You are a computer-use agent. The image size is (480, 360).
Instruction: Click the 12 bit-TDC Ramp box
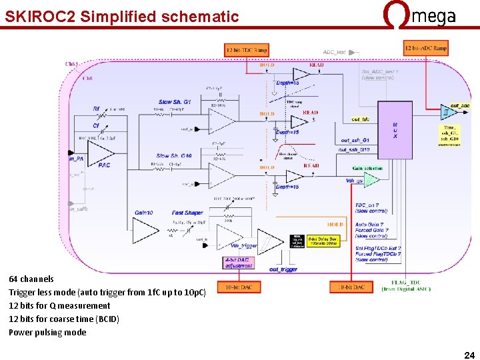pos(247,50)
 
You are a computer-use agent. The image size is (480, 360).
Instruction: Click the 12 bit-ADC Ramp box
pos(425,48)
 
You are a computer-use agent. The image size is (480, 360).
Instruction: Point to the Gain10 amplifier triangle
pos(145,230)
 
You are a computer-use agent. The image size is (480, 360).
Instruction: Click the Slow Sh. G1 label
pos(175,102)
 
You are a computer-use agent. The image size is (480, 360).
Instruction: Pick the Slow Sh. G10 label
pos(174,156)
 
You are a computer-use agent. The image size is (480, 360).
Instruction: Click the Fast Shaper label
pos(187,213)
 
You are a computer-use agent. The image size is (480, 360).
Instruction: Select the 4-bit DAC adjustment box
pos(239,262)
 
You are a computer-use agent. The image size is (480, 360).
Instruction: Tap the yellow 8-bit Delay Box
pos(323,241)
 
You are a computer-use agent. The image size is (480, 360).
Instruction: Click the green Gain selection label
pos(367,169)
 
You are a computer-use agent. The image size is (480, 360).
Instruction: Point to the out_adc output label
pos(460,105)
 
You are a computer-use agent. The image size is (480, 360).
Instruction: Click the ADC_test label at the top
pos(335,52)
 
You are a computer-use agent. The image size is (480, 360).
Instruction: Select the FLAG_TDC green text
pos(406,285)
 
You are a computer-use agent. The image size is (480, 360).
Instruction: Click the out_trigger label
pos(283,269)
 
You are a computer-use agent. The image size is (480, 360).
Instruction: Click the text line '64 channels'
pos(31,279)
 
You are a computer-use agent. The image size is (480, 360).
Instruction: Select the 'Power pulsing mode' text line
pos(47,332)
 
